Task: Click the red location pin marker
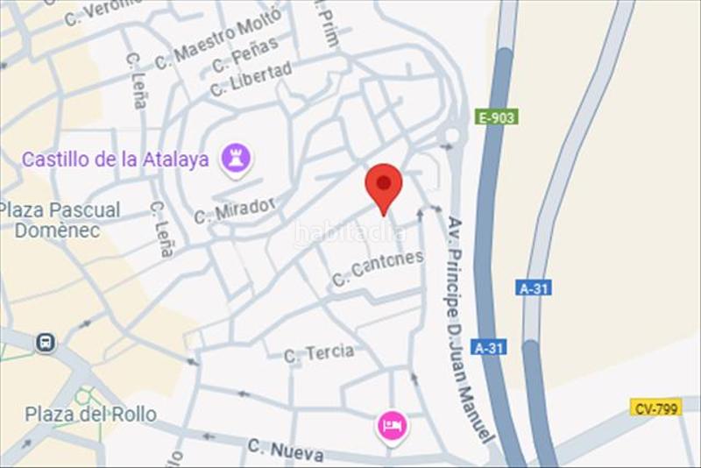[x=383, y=183]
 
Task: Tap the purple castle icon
[x=235, y=159]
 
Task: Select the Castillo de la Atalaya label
[x=115, y=160]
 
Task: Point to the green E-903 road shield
[x=497, y=117]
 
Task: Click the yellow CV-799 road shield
[x=655, y=408]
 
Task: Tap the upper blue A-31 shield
[x=534, y=287]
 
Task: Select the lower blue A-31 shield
[x=490, y=347]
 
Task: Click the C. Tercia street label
[x=319, y=353]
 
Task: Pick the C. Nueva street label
[x=285, y=450]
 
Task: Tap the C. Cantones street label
[x=378, y=268]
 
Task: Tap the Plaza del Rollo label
[x=90, y=415]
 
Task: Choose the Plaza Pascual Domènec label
[x=60, y=220]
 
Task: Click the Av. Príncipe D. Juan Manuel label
[x=466, y=329]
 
